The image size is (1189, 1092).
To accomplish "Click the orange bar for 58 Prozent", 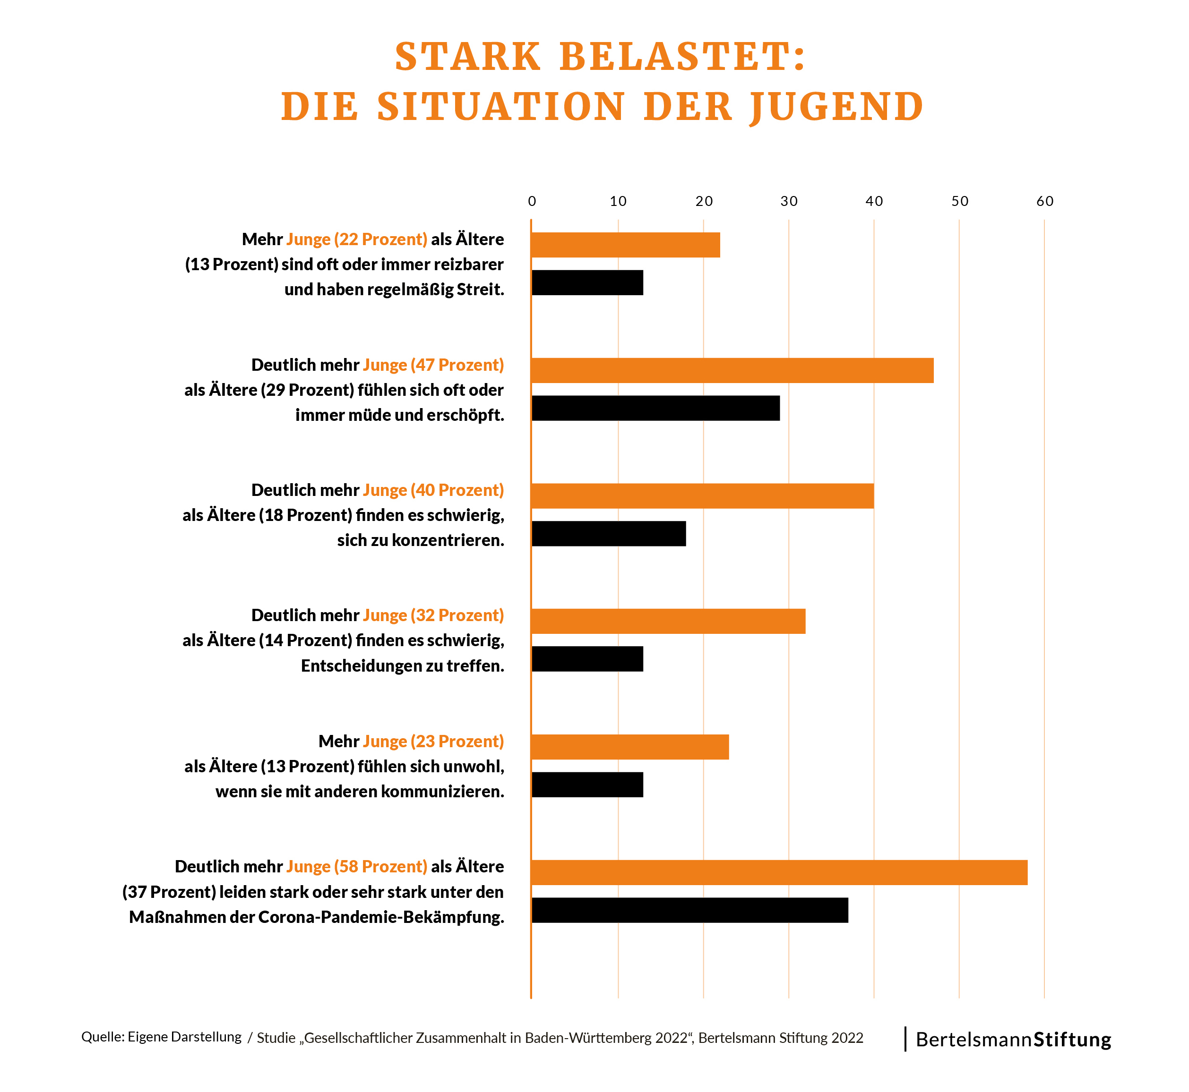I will (x=779, y=872).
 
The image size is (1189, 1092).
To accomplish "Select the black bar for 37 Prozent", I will (x=689, y=910).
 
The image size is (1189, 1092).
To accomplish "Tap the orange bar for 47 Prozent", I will (x=732, y=370).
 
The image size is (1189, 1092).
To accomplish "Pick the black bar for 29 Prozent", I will (x=655, y=408).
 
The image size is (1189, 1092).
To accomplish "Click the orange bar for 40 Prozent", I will (x=702, y=496).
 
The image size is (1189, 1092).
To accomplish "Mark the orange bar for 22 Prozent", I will (x=626, y=245).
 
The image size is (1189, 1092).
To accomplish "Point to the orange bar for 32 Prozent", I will (x=668, y=621).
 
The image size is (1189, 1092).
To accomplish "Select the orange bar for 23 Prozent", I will (x=629, y=747).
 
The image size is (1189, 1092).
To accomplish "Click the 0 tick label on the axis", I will (x=532, y=202).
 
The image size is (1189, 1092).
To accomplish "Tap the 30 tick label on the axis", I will (x=789, y=202).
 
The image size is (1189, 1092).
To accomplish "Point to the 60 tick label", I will (x=1045, y=202).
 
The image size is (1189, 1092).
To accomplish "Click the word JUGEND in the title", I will (x=836, y=108).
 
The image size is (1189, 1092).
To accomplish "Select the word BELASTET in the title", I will (x=683, y=57).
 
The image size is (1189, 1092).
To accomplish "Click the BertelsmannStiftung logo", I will (x=1013, y=1040).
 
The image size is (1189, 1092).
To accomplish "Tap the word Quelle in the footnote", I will (x=102, y=1037).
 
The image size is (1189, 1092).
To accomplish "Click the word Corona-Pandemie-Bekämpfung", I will (x=381, y=917).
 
